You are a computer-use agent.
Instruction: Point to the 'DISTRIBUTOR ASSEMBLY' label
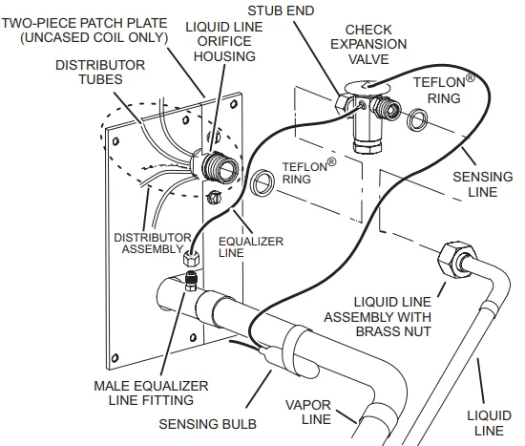tap(148, 244)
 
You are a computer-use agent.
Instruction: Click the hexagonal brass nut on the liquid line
tap(450, 261)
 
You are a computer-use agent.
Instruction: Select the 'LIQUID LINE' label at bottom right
tap(483, 422)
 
